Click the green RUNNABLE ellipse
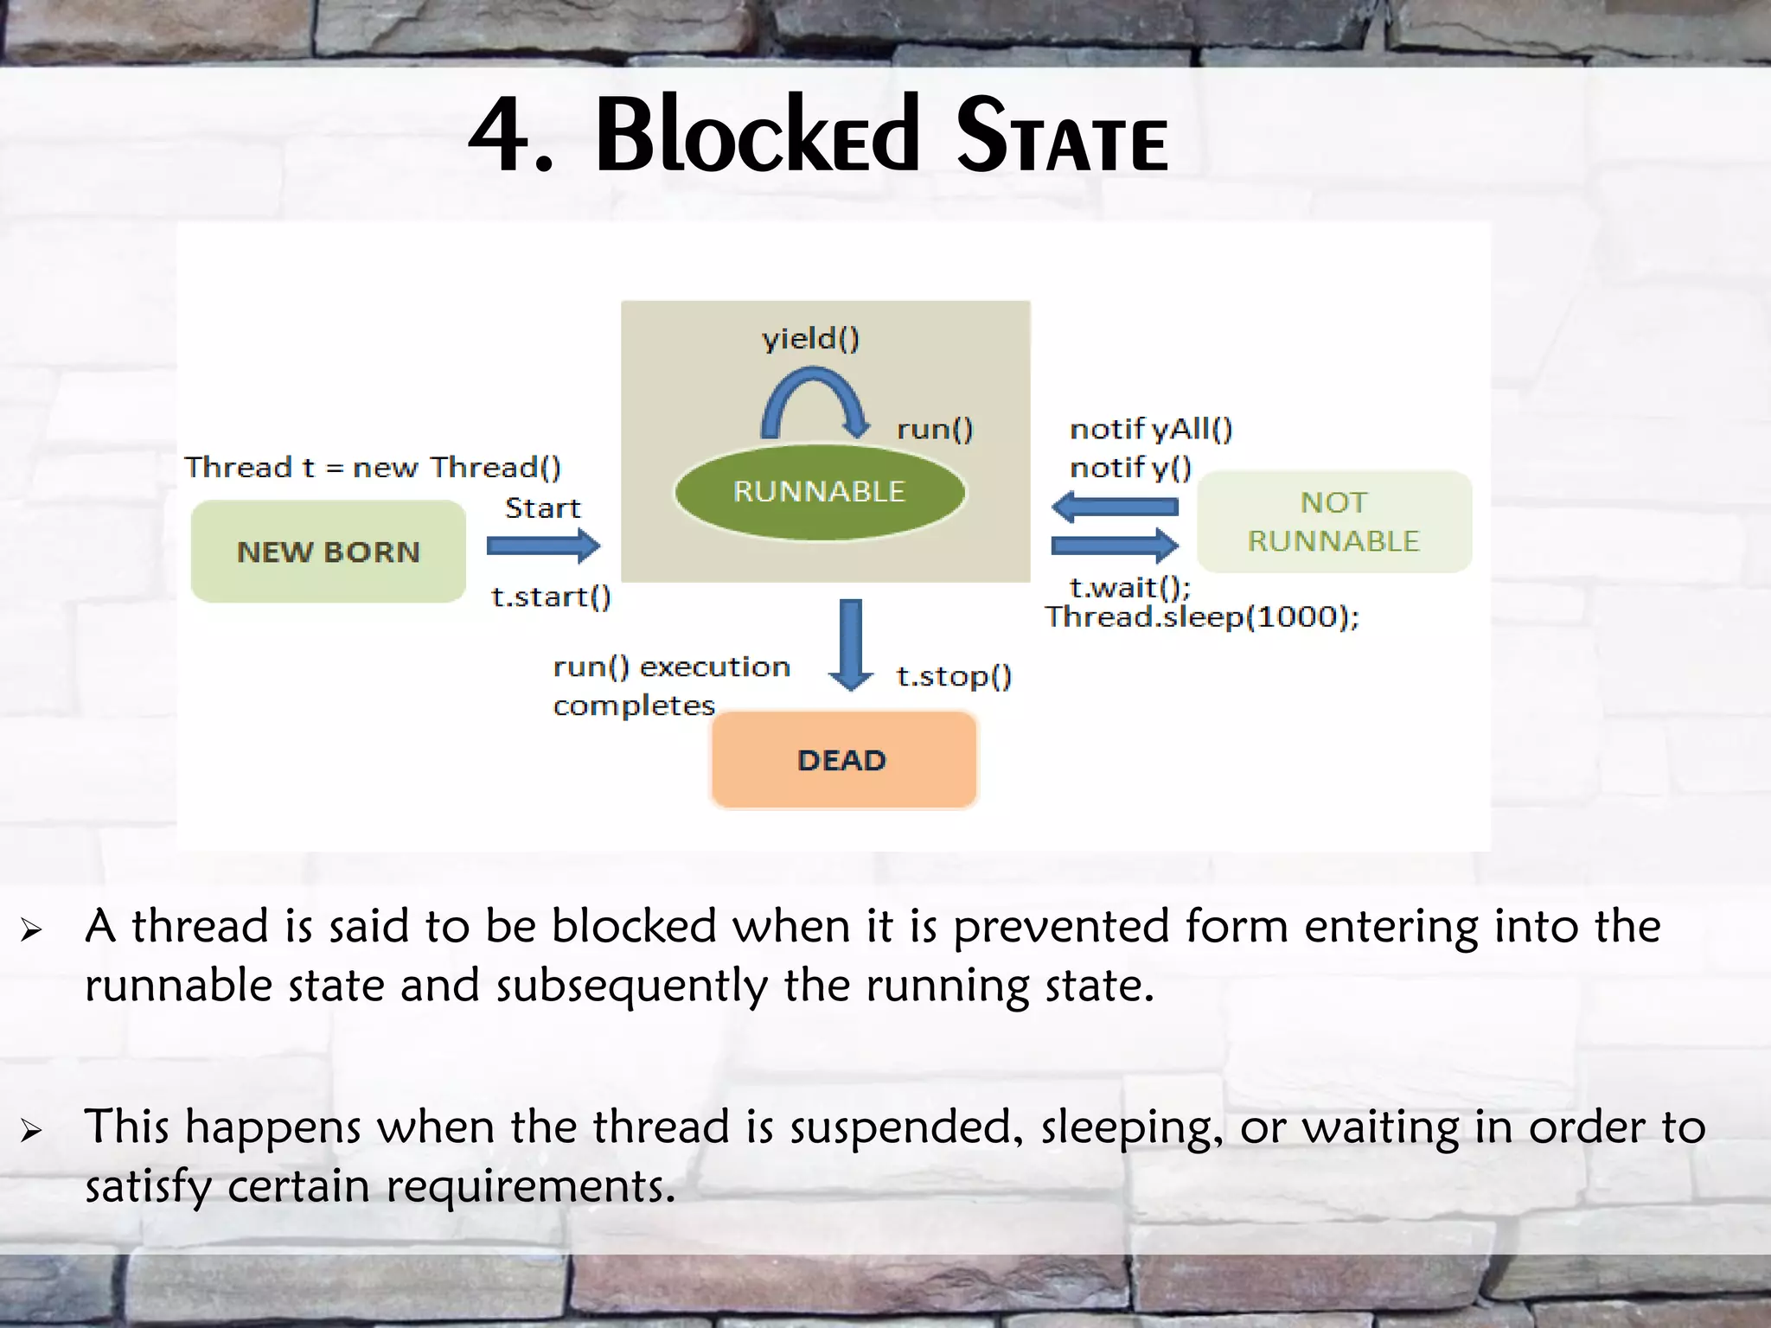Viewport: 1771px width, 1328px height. coord(819,492)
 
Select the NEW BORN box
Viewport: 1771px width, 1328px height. coord(329,552)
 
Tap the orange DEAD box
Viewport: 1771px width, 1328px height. coord(843,760)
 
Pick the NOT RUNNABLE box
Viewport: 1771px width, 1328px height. coord(1333,521)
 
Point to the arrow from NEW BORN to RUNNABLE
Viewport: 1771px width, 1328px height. coord(543,546)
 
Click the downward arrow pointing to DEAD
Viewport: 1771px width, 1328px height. coord(851,643)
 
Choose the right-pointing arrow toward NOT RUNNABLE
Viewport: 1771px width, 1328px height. coord(1116,546)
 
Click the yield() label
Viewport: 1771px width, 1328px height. coord(811,338)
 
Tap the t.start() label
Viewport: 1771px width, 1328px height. coord(551,597)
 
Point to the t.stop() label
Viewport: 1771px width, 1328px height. coord(954,676)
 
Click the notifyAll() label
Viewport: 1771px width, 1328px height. coord(1151,429)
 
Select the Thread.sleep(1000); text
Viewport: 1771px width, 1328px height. coord(1202,617)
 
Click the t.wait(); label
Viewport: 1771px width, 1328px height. coord(1129,588)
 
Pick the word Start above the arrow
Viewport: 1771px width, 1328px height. coord(542,508)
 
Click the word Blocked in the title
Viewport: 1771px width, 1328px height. coord(758,135)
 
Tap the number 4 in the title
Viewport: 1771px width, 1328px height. coord(499,135)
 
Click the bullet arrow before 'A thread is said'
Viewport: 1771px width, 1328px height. coord(32,930)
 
